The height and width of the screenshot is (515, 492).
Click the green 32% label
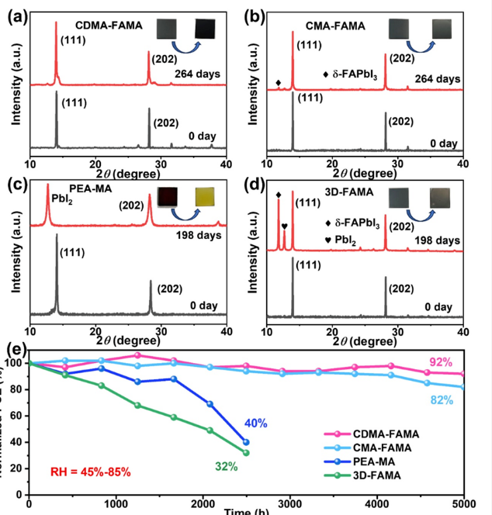225,465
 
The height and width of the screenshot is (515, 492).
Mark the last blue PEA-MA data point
246,442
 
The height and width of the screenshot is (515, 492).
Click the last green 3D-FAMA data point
246,452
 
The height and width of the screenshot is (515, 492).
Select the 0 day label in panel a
202,137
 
